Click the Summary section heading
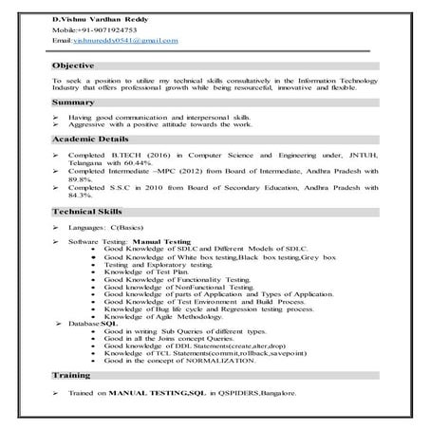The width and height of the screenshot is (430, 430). (x=73, y=102)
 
